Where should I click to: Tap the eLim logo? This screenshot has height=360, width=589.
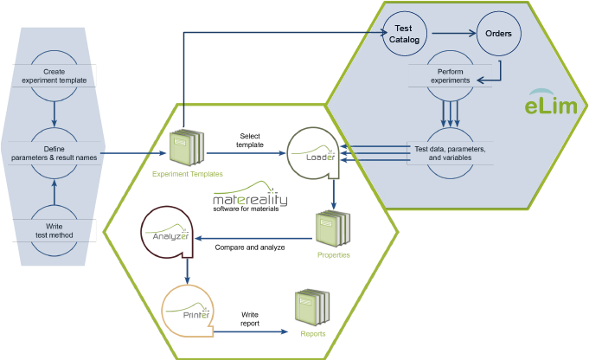tap(551, 101)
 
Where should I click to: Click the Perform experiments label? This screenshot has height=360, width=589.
tap(450, 76)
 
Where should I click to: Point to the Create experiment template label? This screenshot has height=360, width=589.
tap(54, 76)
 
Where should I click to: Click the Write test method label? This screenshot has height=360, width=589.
tap(54, 231)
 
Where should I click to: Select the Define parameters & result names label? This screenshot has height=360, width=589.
tap(54, 153)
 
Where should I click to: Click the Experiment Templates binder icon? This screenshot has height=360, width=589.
tap(187, 147)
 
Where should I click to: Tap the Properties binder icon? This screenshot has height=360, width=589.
tap(333, 228)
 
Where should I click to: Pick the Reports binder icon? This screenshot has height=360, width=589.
tap(312, 307)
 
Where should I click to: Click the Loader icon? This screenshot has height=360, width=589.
tap(313, 153)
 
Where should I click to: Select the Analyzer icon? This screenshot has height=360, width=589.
tap(167, 232)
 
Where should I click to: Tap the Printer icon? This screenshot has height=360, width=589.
tap(188, 311)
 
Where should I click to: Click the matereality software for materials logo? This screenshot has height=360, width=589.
tap(250, 196)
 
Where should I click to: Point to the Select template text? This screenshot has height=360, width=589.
tap(250, 140)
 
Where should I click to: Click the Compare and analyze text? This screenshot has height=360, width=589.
tap(250, 247)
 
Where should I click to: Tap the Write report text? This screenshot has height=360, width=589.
tap(250, 318)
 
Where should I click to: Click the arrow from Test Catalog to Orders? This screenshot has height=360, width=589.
tap(454, 34)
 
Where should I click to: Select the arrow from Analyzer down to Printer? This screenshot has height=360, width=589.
tap(188, 271)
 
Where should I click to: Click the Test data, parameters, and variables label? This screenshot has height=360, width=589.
tap(450, 153)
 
